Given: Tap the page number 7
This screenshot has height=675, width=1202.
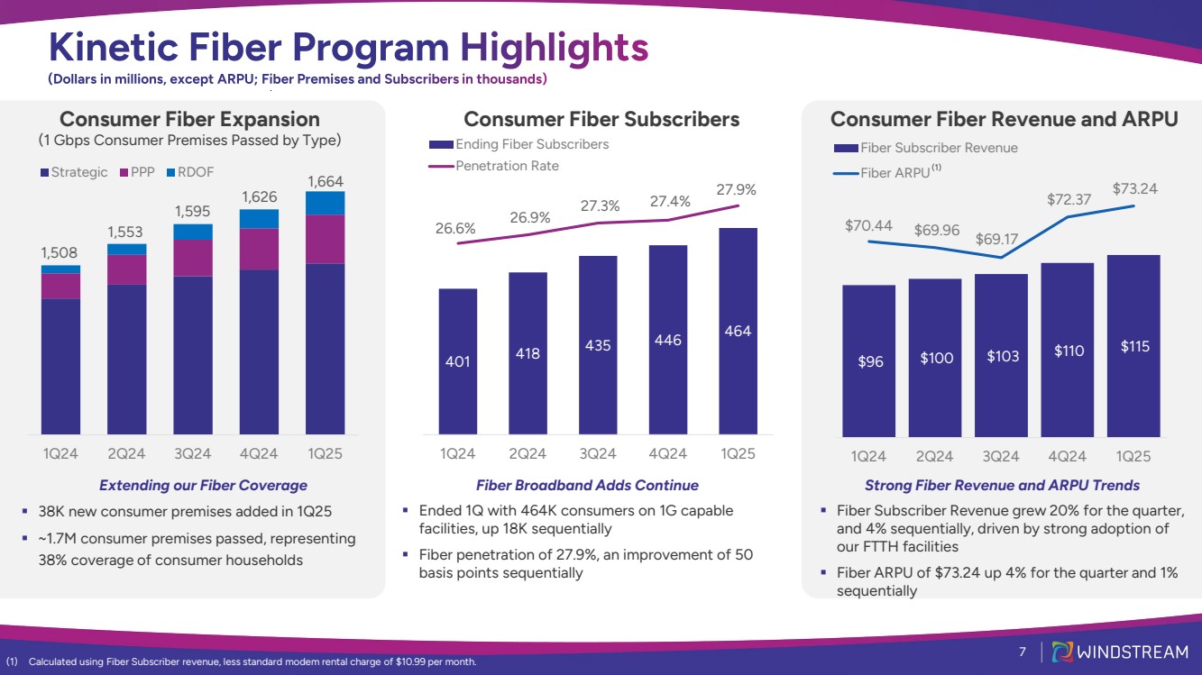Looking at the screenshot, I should pos(1023,652).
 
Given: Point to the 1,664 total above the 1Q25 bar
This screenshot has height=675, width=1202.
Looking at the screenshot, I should pos(325,182).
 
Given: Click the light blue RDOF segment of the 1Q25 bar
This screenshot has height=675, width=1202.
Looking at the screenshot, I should pos(325,204).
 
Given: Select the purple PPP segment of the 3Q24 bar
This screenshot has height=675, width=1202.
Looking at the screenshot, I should pos(193,258).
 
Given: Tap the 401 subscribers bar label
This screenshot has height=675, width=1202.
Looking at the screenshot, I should pos(457,361).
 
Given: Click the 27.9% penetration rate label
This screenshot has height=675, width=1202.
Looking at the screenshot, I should pos(737,190).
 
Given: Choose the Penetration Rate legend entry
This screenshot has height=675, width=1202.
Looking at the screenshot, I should pos(507,166).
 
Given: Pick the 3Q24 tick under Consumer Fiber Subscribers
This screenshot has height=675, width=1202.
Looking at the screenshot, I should pos(598,453).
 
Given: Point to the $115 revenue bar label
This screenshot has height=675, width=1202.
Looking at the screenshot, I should pos(1133,346).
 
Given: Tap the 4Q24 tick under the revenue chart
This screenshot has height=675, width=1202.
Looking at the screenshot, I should pos(1067,456).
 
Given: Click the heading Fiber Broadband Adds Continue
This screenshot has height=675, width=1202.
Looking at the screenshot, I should pos(587,486).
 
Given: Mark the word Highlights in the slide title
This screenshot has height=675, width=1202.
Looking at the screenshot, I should pos(553,48).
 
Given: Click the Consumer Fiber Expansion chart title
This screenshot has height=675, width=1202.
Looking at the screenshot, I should pos(189,119).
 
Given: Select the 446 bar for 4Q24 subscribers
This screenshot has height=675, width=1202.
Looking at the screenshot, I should pos(667,340).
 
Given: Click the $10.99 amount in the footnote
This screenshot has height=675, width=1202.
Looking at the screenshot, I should pos(412,662).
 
